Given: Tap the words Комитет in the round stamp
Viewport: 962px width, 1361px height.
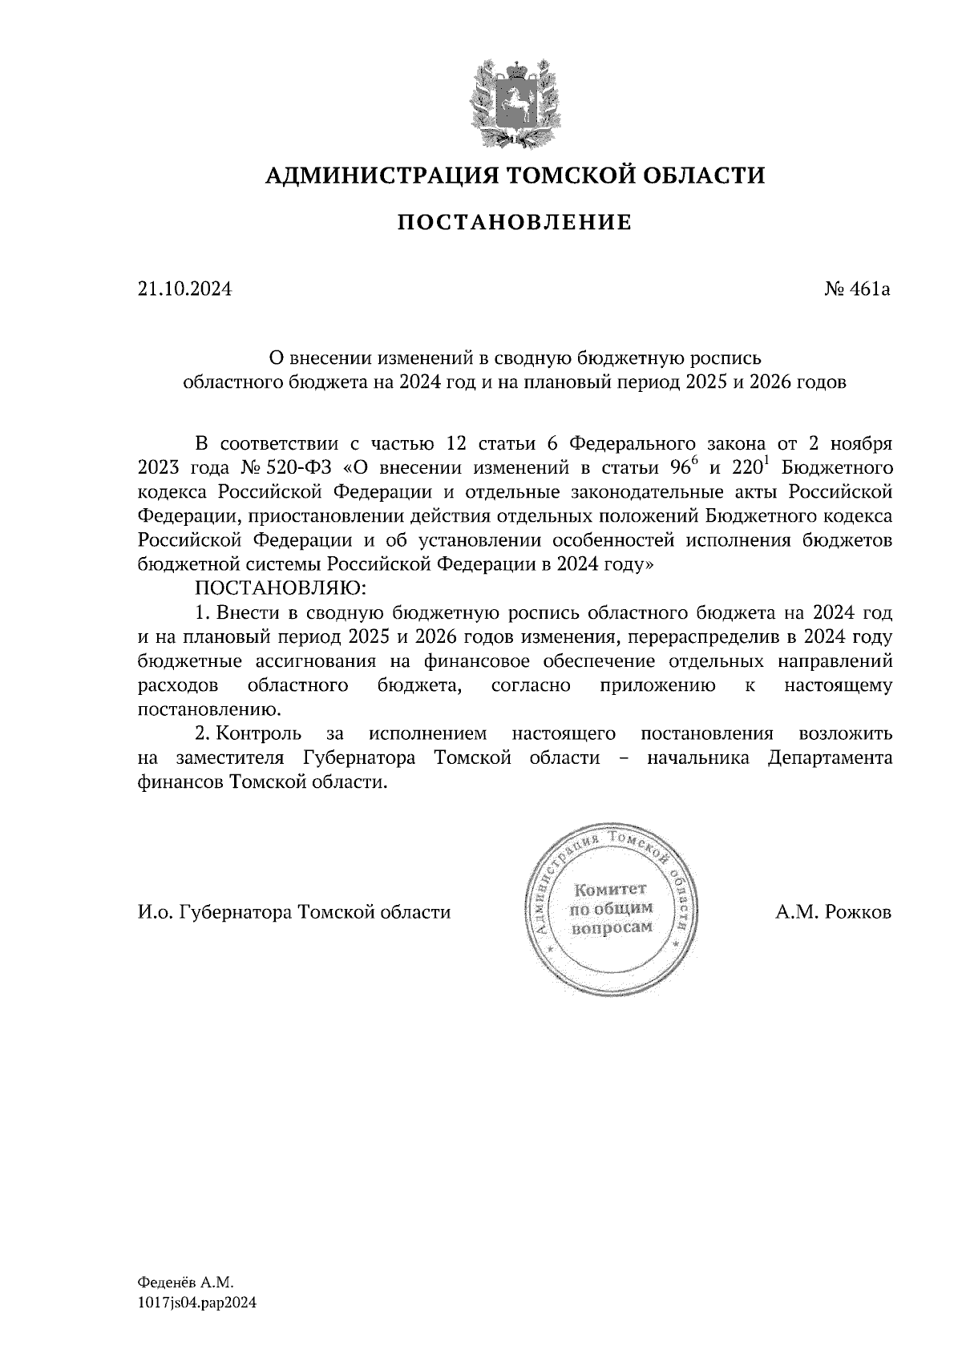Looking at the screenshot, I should (x=610, y=890).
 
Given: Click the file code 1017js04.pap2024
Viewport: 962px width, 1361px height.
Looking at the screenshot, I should (x=197, y=1303).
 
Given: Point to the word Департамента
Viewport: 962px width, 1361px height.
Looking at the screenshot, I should (x=831, y=757).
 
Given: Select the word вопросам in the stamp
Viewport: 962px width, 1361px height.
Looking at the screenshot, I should (x=610, y=928).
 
